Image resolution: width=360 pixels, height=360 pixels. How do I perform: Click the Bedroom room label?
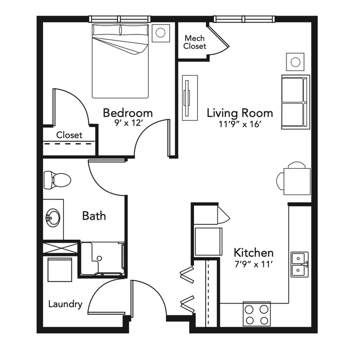pos(128,113)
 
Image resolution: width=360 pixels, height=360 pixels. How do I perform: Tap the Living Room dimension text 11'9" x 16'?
pos(240,124)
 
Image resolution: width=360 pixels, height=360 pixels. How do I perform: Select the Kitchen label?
pos(254,253)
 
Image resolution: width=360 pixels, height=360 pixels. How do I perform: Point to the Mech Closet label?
pos(195,42)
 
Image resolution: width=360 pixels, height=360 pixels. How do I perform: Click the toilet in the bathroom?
pos(57,180)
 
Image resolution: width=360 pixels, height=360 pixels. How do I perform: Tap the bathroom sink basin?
pos(53,217)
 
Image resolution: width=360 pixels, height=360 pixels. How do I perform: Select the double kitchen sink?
pos(300,264)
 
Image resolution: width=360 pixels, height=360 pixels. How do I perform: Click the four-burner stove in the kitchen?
pos(257,314)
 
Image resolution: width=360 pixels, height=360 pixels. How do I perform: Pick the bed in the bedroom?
pos(120,61)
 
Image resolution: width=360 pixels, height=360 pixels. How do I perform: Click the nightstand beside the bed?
pos(160,33)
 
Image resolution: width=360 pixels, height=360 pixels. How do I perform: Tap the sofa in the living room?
pos(296,102)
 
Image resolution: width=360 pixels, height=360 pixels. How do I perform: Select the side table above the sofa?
pos(295,62)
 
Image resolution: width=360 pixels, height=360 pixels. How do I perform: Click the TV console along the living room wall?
pos(190,98)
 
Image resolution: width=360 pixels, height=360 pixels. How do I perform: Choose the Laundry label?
pos(65,304)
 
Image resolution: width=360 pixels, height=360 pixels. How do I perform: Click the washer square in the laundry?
pos(60,269)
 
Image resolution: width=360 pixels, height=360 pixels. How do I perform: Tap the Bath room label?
pos(94,216)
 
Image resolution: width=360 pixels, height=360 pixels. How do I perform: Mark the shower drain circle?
pos(99,258)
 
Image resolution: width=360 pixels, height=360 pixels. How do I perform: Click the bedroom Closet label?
pos(69,135)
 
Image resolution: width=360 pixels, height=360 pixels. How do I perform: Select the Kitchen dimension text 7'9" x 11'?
pos(254,264)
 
